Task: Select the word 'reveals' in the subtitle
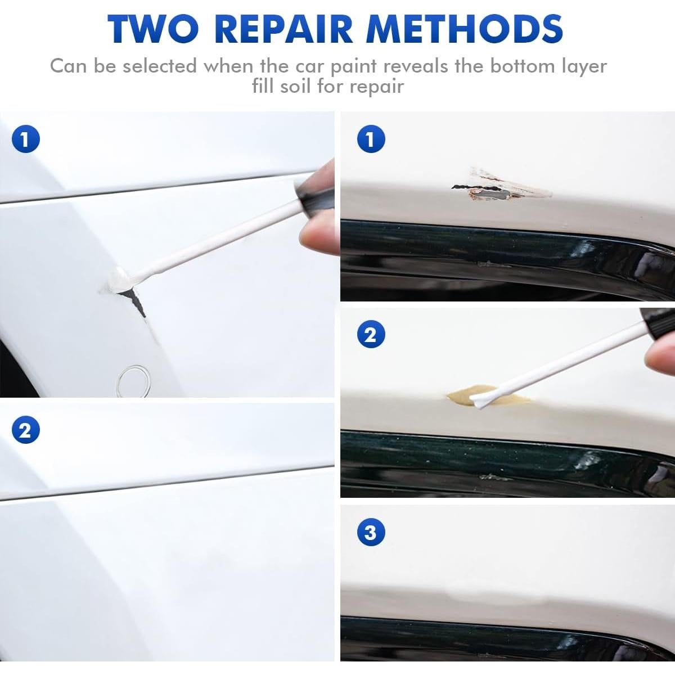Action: point(412,66)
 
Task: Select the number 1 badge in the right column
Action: point(371,139)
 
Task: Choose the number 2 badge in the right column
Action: point(371,335)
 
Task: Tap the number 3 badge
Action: point(371,532)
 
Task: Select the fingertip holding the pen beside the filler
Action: point(661,354)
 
